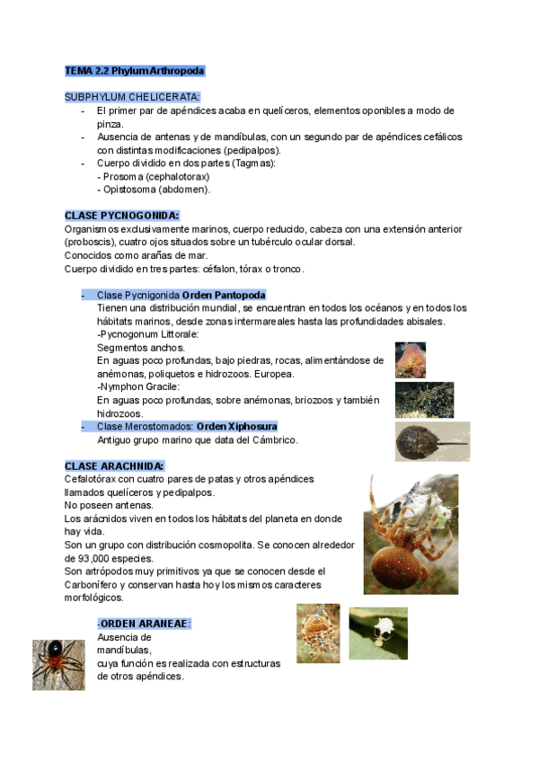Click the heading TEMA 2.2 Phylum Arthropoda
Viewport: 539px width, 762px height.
(135, 70)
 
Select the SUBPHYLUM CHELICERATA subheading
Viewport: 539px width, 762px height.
(132, 97)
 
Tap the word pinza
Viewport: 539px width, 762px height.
(110, 124)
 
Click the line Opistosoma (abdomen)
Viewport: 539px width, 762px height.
(154, 190)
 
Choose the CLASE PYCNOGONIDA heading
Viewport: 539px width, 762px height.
(121, 216)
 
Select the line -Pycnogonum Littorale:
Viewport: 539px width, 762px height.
(147, 334)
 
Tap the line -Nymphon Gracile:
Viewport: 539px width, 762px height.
(139, 387)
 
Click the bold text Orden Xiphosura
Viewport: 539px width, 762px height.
(236, 426)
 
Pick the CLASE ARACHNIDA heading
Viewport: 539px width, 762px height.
(114, 466)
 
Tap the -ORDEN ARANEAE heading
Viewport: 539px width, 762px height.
(144, 624)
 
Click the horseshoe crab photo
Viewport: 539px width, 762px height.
(431, 441)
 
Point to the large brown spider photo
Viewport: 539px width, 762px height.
(411, 534)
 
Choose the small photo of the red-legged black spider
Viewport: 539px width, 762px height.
(59, 665)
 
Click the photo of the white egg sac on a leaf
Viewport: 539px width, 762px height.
(377, 634)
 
